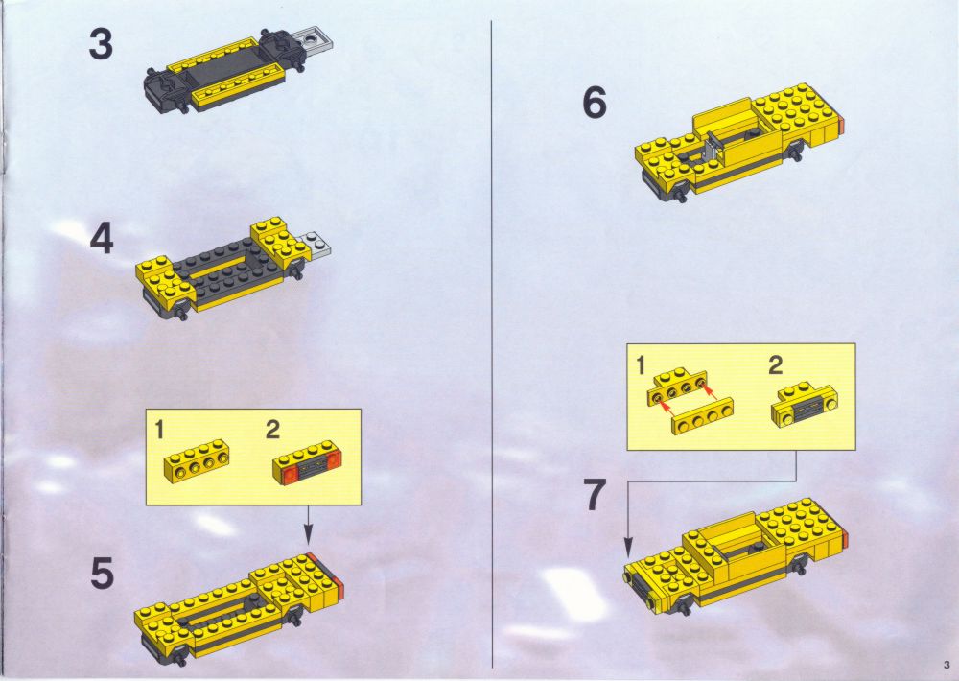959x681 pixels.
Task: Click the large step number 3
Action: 101,45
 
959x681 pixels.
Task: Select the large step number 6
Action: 595,103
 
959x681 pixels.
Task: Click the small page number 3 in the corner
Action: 947,665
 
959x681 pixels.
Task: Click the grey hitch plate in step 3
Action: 314,39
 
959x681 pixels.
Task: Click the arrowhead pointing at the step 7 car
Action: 628,548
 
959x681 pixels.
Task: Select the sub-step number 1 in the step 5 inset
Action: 159,430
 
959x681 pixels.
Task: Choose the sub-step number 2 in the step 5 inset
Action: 272,430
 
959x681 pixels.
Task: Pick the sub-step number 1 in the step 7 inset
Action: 641,365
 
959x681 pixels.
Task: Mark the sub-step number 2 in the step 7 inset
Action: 776,365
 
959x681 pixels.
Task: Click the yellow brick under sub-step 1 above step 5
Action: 196,461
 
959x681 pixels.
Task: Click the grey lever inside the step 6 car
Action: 710,147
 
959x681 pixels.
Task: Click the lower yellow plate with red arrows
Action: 702,416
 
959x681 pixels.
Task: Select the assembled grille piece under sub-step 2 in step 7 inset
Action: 805,405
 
